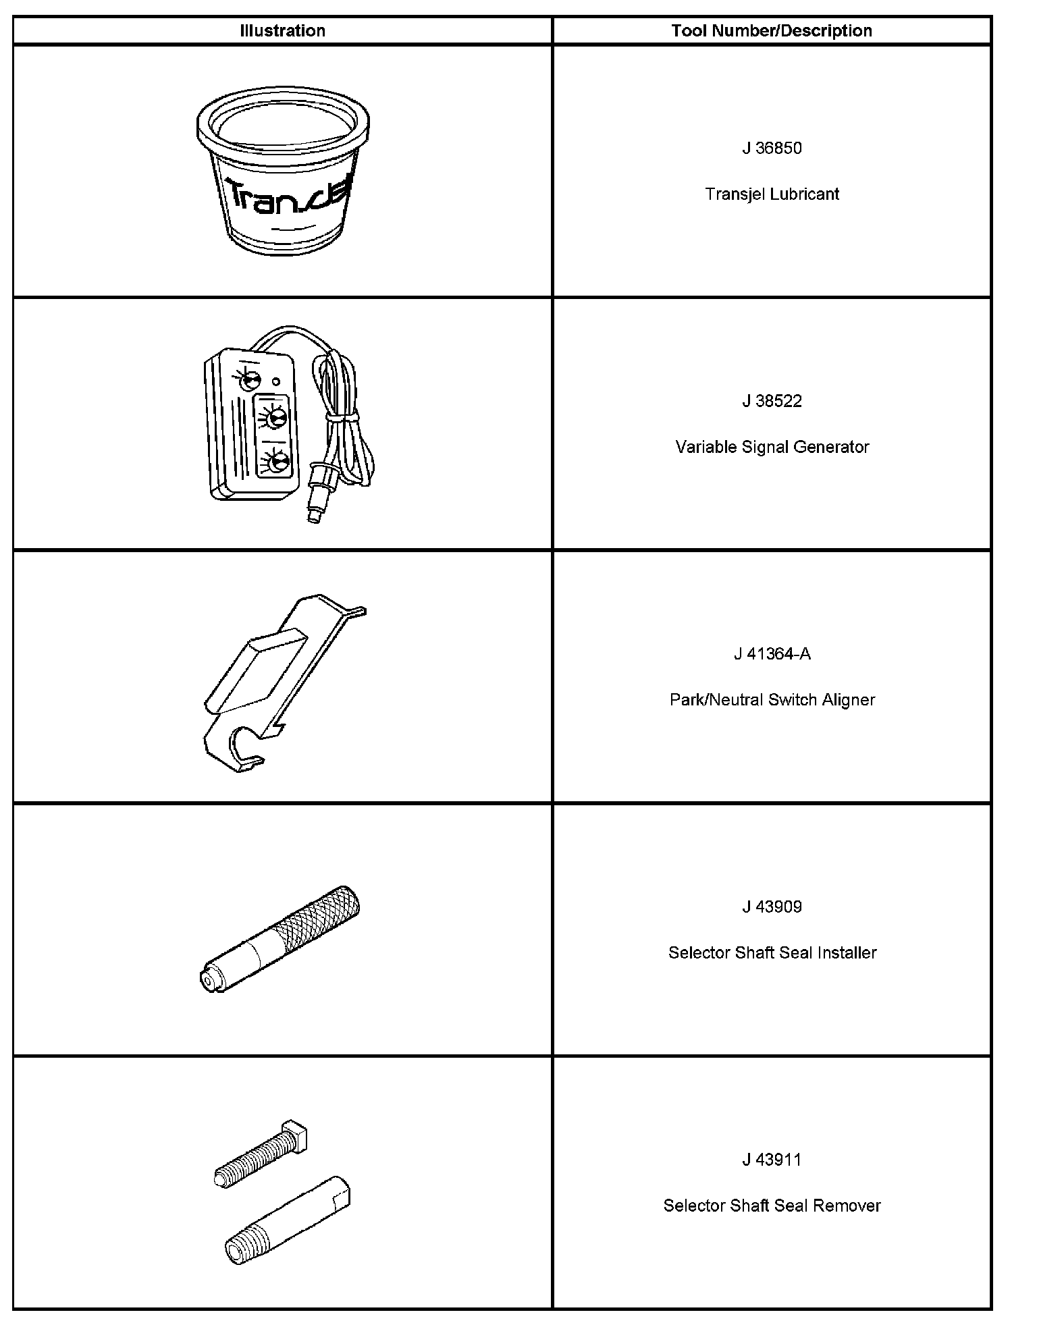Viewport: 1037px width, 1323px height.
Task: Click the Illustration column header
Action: [282, 31]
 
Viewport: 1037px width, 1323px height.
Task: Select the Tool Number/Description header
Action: [771, 31]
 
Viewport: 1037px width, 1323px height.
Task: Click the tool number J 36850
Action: [772, 148]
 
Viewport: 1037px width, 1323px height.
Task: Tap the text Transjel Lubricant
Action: [772, 194]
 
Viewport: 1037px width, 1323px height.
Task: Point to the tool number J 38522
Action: [772, 401]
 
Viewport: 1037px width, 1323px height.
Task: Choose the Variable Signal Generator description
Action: [772, 447]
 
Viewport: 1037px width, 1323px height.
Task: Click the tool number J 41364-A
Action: [772, 654]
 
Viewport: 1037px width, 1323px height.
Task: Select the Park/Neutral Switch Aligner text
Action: [772, 700]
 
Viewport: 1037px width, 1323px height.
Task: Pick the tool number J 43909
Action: [772, 907]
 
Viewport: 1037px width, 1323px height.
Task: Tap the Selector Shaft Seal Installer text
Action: [772, 952]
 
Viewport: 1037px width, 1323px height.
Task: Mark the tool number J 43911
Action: [772, 1160]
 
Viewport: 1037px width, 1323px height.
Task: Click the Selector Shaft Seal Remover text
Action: [772, 1206]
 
